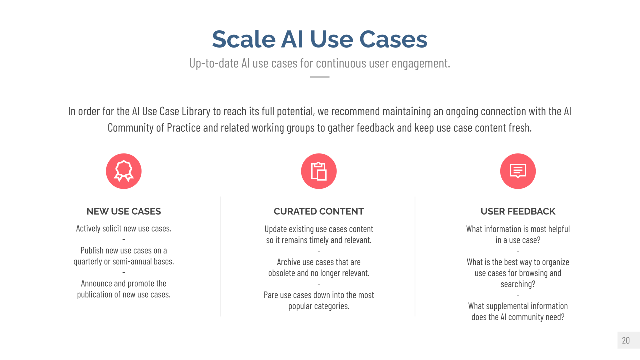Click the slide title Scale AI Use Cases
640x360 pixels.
coord(319,39)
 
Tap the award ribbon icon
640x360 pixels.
coord(124,171)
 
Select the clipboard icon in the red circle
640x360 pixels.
coord(319,171)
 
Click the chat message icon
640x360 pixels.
coord(518,171)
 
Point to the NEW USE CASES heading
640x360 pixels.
coord(124,211)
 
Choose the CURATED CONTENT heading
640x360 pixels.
coord(319,211)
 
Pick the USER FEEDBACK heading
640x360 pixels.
coord(518,211)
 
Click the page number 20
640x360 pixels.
coord(626,340)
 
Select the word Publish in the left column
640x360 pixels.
coord(92,250)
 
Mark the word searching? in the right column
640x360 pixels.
coord(518,284)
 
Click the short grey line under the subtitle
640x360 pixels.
coord(319,77)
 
